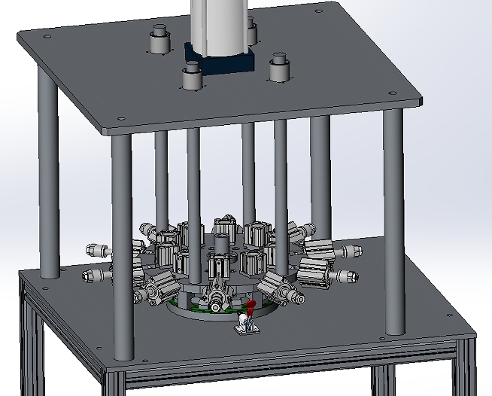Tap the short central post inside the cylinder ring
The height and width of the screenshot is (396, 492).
(222, 246)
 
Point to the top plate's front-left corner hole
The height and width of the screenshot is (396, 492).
(120, 117)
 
